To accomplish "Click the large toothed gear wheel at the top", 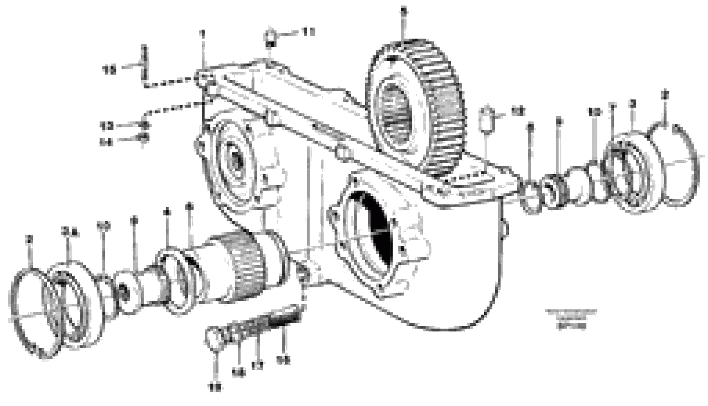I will point(415,109).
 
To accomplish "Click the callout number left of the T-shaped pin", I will point(109,70).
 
